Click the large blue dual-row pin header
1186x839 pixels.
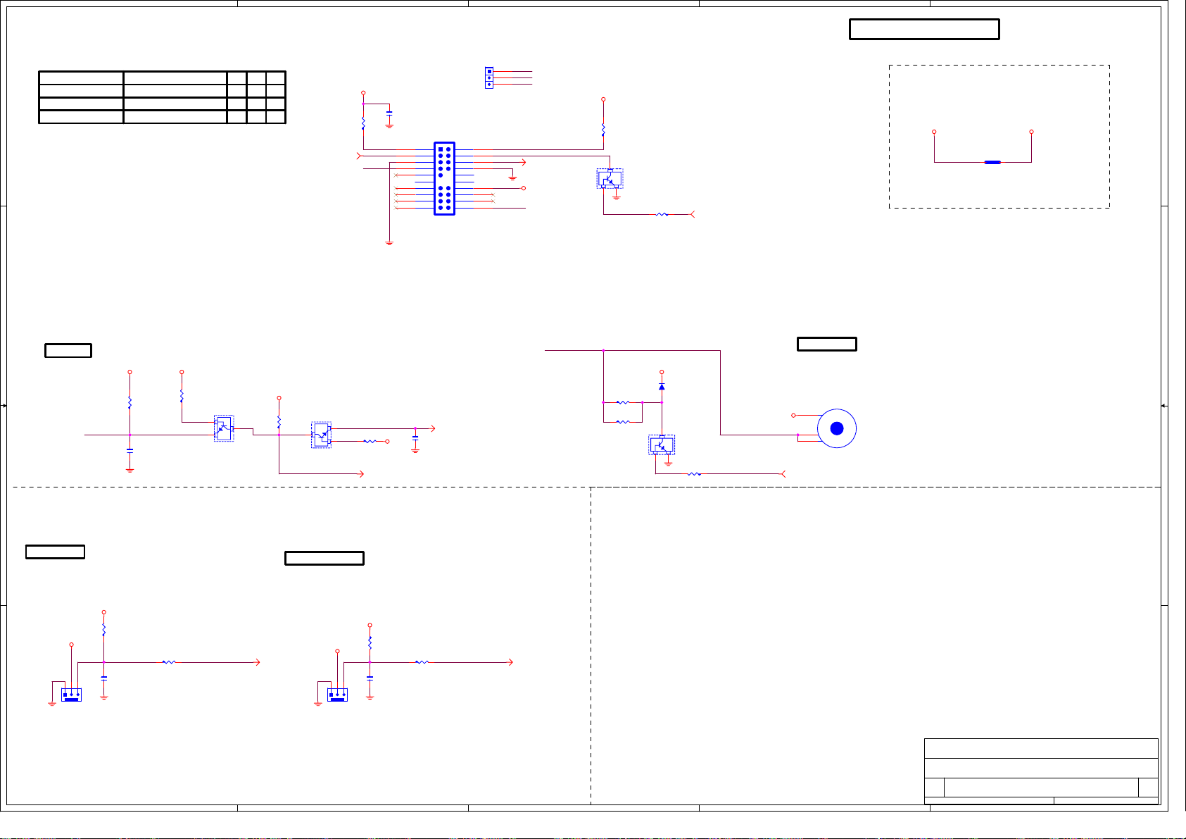[x=444, y=178]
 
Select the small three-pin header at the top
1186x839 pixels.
[x=489, y=77]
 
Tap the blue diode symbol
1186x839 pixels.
[x=662, y=387]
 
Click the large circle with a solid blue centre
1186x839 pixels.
[x=836, y=428]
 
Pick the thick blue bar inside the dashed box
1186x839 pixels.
[x=992, y=162]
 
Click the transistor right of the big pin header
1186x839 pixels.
[x=610, y=179]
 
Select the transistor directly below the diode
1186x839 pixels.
[x=662, y=445]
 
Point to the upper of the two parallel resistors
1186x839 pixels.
[x=622, y=403]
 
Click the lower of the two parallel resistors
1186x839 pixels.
[x=622, y=422]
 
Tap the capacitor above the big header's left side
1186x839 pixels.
[x=389, y=113]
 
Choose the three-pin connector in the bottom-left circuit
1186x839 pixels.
[x=71, y=695]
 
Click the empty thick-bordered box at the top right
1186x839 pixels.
[x=924, y=30]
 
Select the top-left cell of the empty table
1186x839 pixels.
[x=81, y=78]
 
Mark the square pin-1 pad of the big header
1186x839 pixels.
[x=441, y=149]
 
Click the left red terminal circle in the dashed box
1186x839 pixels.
[x=934, y=132]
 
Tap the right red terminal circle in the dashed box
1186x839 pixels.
[x=1031, y=132]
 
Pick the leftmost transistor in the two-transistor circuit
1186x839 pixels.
[x=223, y=428]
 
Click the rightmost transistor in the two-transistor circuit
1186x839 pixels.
[x=321, y=435]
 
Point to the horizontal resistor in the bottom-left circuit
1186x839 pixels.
[x=169, y=662]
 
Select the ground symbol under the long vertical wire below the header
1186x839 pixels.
[x=389, y=243]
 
